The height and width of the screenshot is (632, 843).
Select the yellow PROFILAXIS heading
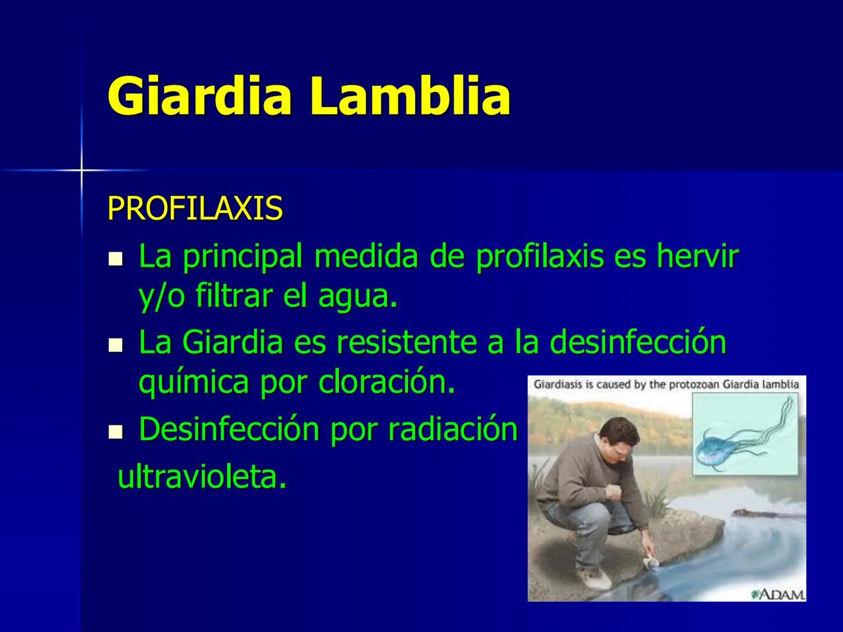click(195, 208)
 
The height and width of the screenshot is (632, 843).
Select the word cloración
click(386, 382)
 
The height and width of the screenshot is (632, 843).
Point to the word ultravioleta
click(202, 478)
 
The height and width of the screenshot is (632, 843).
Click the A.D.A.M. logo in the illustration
click(778, 594)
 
